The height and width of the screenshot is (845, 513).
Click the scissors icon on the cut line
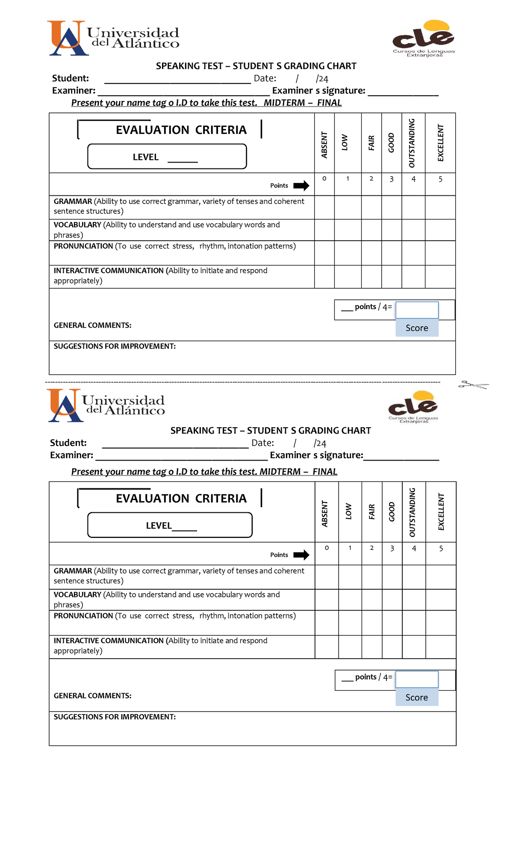pyautogui.click(x=473, y=385)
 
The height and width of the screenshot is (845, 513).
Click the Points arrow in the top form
pyautogui.click(x=301, y=186)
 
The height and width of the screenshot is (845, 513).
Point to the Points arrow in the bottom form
pyautogui.click(x=301, y=555)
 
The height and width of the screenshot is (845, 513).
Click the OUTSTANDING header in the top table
pyautogui.click(x=412, y=143)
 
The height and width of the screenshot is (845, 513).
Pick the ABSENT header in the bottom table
pyautogui.click(x=325, y=514)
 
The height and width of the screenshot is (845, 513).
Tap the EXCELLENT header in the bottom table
pyautogui.click(x=441, y=512)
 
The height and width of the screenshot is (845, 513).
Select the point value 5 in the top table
pyautogui.click(x=440, y=179)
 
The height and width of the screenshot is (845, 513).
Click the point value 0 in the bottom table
pyautogui.click(x=327, y=548)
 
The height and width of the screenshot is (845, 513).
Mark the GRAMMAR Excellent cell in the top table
pyautogui.click(x=440, y=207)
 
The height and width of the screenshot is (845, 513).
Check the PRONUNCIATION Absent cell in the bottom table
pyautogui.click(x=327, y=623)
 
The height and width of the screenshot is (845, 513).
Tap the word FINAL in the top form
pyautogui.click(x=329, y=103)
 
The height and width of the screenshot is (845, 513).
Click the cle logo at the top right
pyautogui.click(x=424, y=38)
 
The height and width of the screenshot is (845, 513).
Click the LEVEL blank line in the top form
pyautogui.click(x=183, y=160)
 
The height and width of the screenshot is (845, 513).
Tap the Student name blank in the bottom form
pyautogui.click(x=175, y=445)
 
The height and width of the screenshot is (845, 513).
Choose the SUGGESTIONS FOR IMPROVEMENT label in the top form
pyautogui.click(x=115, y=346)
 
